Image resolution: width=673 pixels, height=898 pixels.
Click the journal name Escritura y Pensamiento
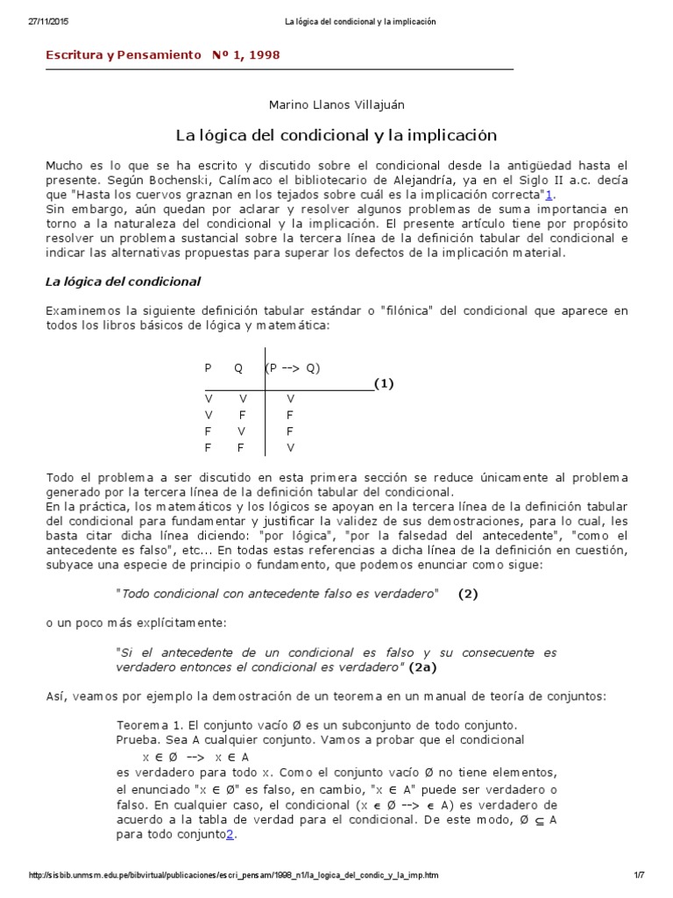pos(124,54)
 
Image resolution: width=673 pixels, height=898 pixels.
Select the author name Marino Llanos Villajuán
pos(336,104)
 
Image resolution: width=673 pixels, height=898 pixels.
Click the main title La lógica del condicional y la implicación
pos(336,136)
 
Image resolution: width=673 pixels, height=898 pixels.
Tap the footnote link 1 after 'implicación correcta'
pos(549,195)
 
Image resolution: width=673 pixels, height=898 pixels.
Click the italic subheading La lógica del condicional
pos(124,282)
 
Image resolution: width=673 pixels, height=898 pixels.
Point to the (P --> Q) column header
pos(294,368)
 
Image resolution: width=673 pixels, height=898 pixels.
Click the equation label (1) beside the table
pos(384,383)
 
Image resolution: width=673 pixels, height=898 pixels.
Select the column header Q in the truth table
pos(238,368)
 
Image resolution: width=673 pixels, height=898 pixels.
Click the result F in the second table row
pos(290,414)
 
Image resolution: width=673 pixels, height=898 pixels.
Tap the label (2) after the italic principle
pos(468,594)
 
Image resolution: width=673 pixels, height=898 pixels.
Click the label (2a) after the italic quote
pos(423,667)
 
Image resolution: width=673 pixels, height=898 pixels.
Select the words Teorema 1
pos(149,724)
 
